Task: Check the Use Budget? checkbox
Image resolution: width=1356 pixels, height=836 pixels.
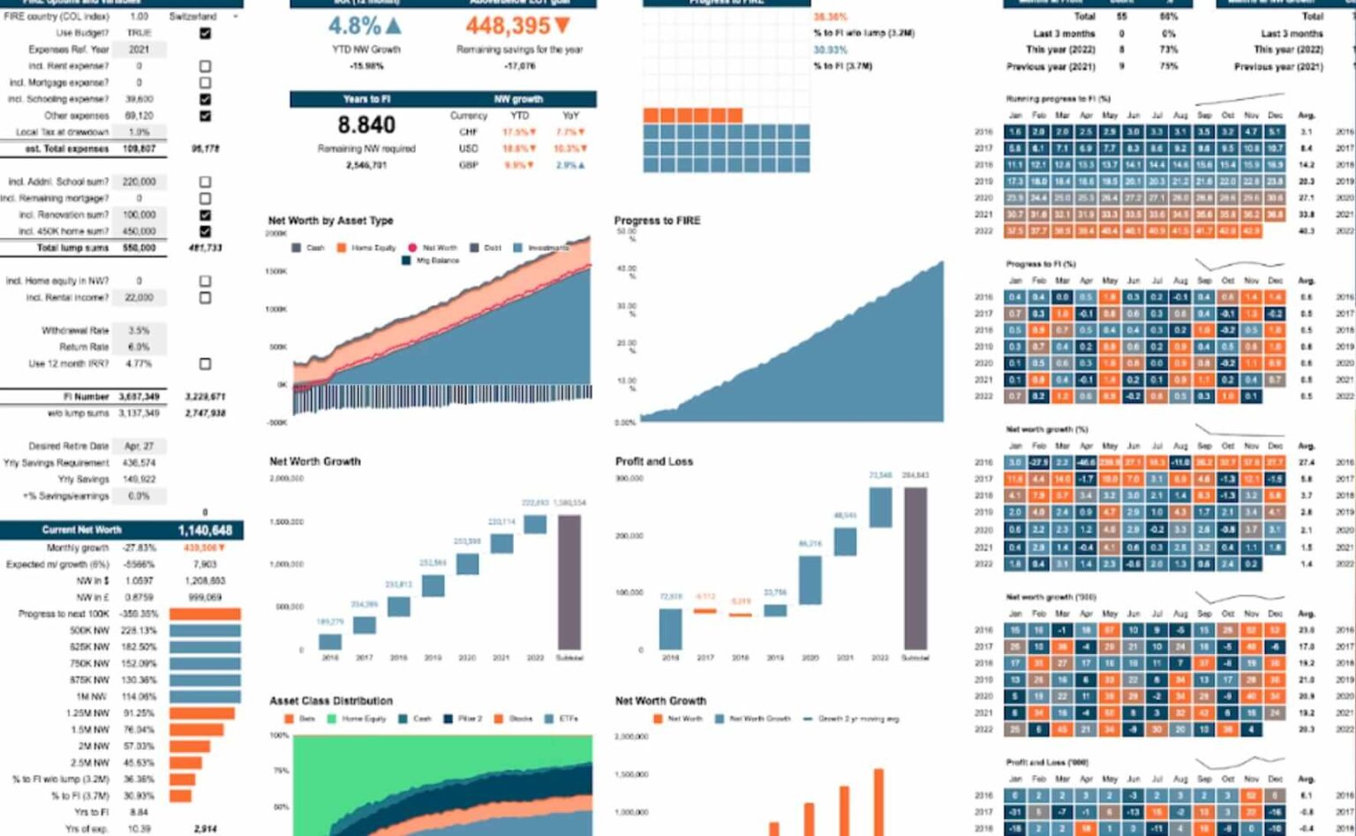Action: (x=205, y=34)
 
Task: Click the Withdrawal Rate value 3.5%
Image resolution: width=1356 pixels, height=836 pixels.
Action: (x=139, y=331)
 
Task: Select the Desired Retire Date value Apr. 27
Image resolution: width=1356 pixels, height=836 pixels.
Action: (x=139, y=447)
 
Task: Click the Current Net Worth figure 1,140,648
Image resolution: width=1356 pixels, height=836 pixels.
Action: (x=205, y=531)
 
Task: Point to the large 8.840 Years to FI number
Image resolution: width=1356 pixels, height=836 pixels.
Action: (x=366, y=125)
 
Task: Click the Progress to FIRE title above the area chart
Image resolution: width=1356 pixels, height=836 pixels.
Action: (x=657, y=221)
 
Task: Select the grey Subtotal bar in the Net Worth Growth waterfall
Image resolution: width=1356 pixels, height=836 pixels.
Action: (x=569, y=582)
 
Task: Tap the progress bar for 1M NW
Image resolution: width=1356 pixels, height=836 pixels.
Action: (x=205, y=697)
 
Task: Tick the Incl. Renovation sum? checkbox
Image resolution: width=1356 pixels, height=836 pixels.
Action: (x=205, y=215)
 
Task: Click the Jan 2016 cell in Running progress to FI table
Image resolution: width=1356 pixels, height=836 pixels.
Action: (x=1015, y=132)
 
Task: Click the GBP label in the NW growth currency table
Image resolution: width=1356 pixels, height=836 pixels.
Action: (x=468, y=165)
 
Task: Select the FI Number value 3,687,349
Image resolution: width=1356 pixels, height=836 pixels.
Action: (x=139, y=397)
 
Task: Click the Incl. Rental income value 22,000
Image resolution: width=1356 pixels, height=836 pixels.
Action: (x=139, y=298)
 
